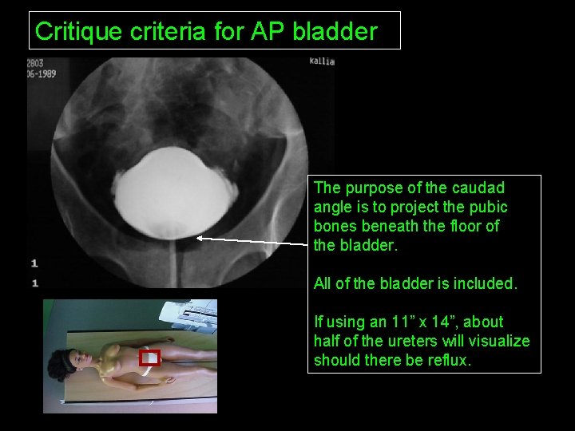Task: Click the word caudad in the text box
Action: [478, 188]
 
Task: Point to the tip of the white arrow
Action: [198, 238]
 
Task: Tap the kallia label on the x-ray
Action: [322, 61]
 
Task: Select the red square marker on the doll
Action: [150, 357]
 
